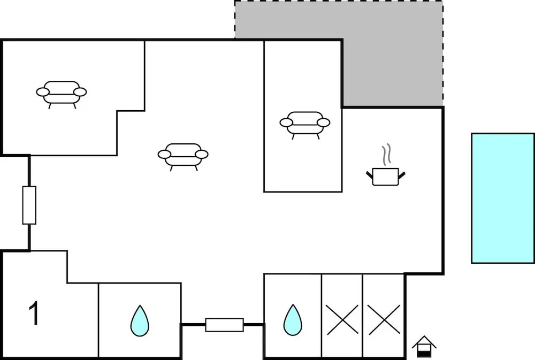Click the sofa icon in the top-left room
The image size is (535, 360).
point(62,93)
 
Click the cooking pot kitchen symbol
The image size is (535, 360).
point(386,177)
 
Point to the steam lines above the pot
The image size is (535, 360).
point(387,155)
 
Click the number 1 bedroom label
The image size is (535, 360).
point(34,313)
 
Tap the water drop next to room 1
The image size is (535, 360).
point(140,321)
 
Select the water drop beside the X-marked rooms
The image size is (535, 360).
point(293,320)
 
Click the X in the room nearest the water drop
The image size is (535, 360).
point(342,320)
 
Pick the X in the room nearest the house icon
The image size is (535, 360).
point(384,320)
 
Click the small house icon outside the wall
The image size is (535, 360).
point(424,346)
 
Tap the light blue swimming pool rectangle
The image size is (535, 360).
point(502,198)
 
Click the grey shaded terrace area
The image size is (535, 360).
point(392,55)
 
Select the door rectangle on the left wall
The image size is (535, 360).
point(29,205)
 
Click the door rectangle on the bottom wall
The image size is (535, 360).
point(225,325)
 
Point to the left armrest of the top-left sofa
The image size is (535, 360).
point(43,92)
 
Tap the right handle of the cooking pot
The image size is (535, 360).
point(402,175)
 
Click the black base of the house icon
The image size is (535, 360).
point(424,354)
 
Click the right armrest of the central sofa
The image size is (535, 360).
point(202,154)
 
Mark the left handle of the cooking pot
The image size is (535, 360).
point(370,175)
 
